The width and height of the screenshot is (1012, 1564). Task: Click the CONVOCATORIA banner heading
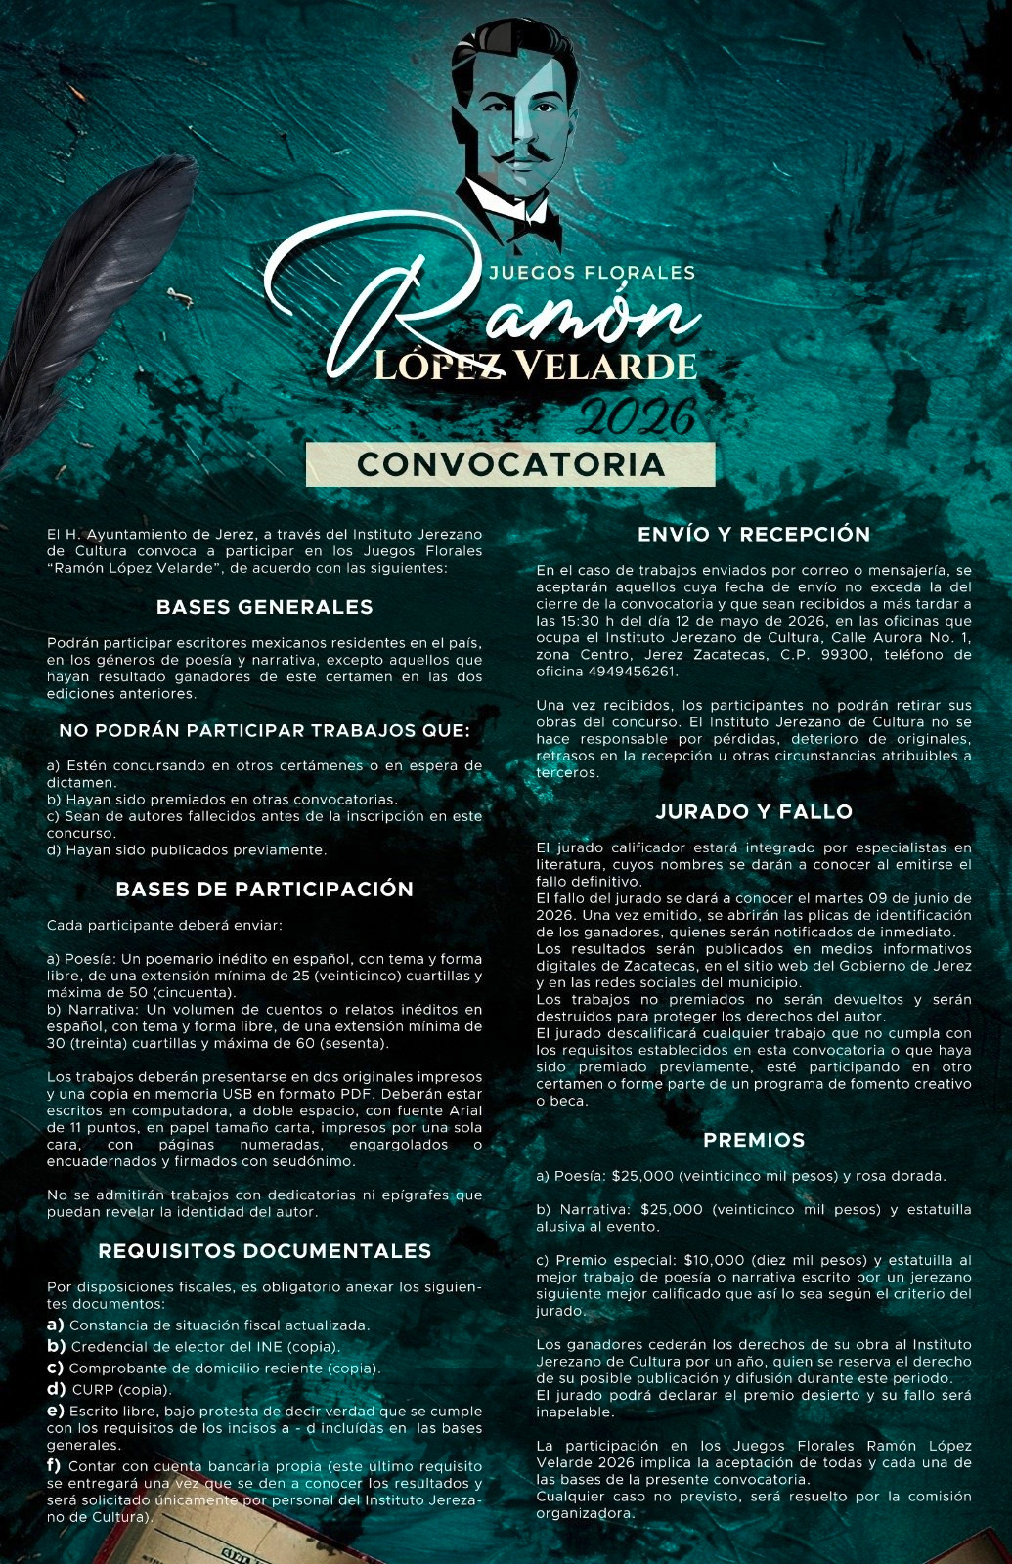pos(510,464)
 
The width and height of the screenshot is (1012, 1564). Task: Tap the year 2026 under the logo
pos(636,417)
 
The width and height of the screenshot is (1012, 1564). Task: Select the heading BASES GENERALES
pos(264,607)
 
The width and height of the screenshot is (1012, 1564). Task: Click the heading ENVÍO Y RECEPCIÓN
pos(754,534)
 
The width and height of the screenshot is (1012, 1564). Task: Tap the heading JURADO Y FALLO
pos(754,811)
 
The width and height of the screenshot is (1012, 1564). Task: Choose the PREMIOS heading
pos(754,1140)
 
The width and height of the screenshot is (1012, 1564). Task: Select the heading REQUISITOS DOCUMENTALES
pos(264,1251)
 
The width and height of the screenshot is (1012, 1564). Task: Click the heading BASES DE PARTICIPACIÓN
pos(264,890)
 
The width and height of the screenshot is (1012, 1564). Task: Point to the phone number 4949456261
pos(633,672)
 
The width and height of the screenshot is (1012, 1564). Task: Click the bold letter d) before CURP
pos(56,1389)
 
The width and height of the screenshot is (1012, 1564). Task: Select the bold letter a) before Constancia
pos(56,1325)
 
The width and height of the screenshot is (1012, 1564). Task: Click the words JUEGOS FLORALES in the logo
pos(592,273)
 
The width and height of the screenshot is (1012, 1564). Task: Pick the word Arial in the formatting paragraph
pos(464,1110)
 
